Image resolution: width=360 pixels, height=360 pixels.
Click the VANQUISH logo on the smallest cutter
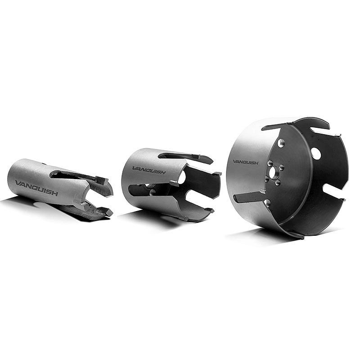36,188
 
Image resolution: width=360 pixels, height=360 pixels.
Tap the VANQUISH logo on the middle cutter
149,171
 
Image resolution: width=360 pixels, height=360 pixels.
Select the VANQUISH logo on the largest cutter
246,162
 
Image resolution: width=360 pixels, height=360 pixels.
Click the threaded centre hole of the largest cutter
274,172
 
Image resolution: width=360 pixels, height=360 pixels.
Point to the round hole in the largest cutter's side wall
316,153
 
